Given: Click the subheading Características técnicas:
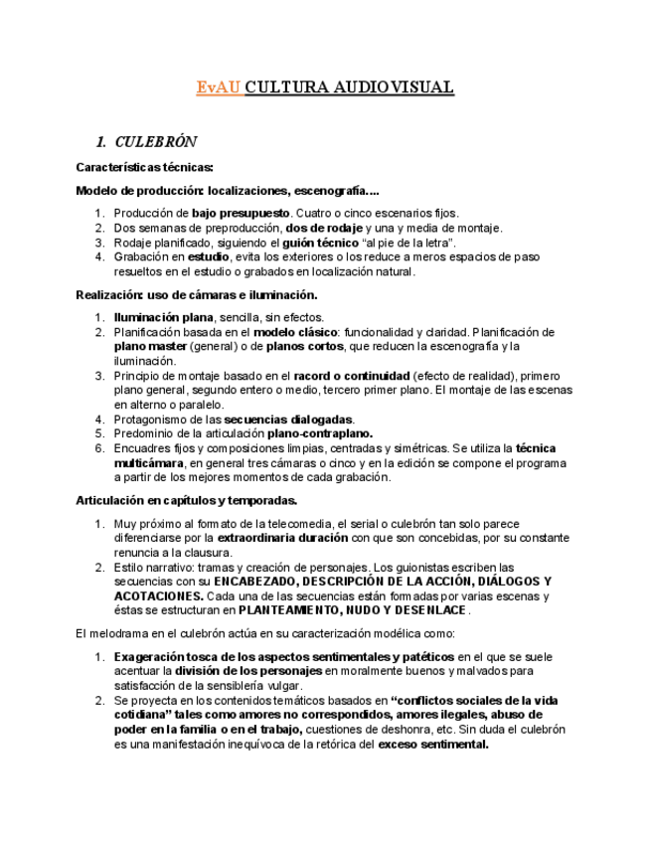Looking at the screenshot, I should coord(145,167).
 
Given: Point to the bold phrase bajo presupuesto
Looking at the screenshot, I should coord(241,213).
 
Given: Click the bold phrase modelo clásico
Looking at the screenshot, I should coord(296,332).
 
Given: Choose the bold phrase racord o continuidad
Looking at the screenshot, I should coord(351,376).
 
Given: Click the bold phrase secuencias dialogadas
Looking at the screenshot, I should coord(288,420).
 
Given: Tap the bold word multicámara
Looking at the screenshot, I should coord(148,463).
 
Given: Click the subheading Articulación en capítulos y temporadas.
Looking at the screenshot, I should coord(187,500).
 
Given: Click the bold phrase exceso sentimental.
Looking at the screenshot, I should coord(432,744).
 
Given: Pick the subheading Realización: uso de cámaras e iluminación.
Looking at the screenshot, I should coord(197,294).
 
